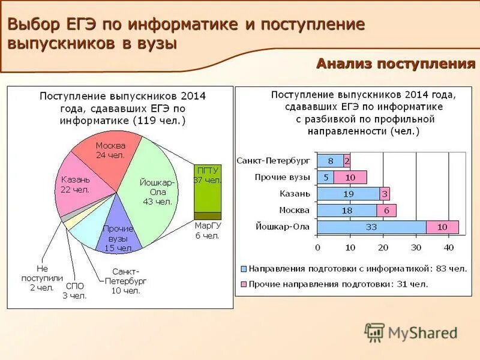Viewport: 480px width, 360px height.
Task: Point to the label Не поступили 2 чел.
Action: point(41,278)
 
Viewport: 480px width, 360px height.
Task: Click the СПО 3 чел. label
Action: point(76,290)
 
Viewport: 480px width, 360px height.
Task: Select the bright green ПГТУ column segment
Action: point(208,186)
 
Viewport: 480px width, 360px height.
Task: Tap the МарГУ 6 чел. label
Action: point(207,230)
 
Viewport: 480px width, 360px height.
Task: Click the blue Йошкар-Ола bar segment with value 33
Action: point(371,227)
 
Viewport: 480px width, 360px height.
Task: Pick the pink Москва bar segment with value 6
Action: point(386,210)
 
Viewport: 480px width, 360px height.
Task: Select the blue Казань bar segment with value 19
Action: point(348,194)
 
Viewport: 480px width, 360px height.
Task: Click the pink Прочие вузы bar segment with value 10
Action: point(350,177)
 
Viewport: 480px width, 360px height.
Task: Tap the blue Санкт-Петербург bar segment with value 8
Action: point(330,161)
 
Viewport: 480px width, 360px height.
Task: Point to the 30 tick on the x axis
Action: point(415,247)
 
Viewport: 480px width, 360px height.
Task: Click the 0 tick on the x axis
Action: point(317,247)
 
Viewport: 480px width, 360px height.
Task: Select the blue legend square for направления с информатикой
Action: point(244,269)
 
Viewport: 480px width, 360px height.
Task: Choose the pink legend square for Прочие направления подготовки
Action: point(244,284)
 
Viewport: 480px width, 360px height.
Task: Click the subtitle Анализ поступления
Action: point(395,64)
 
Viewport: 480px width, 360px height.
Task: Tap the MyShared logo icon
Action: point(374,332)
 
